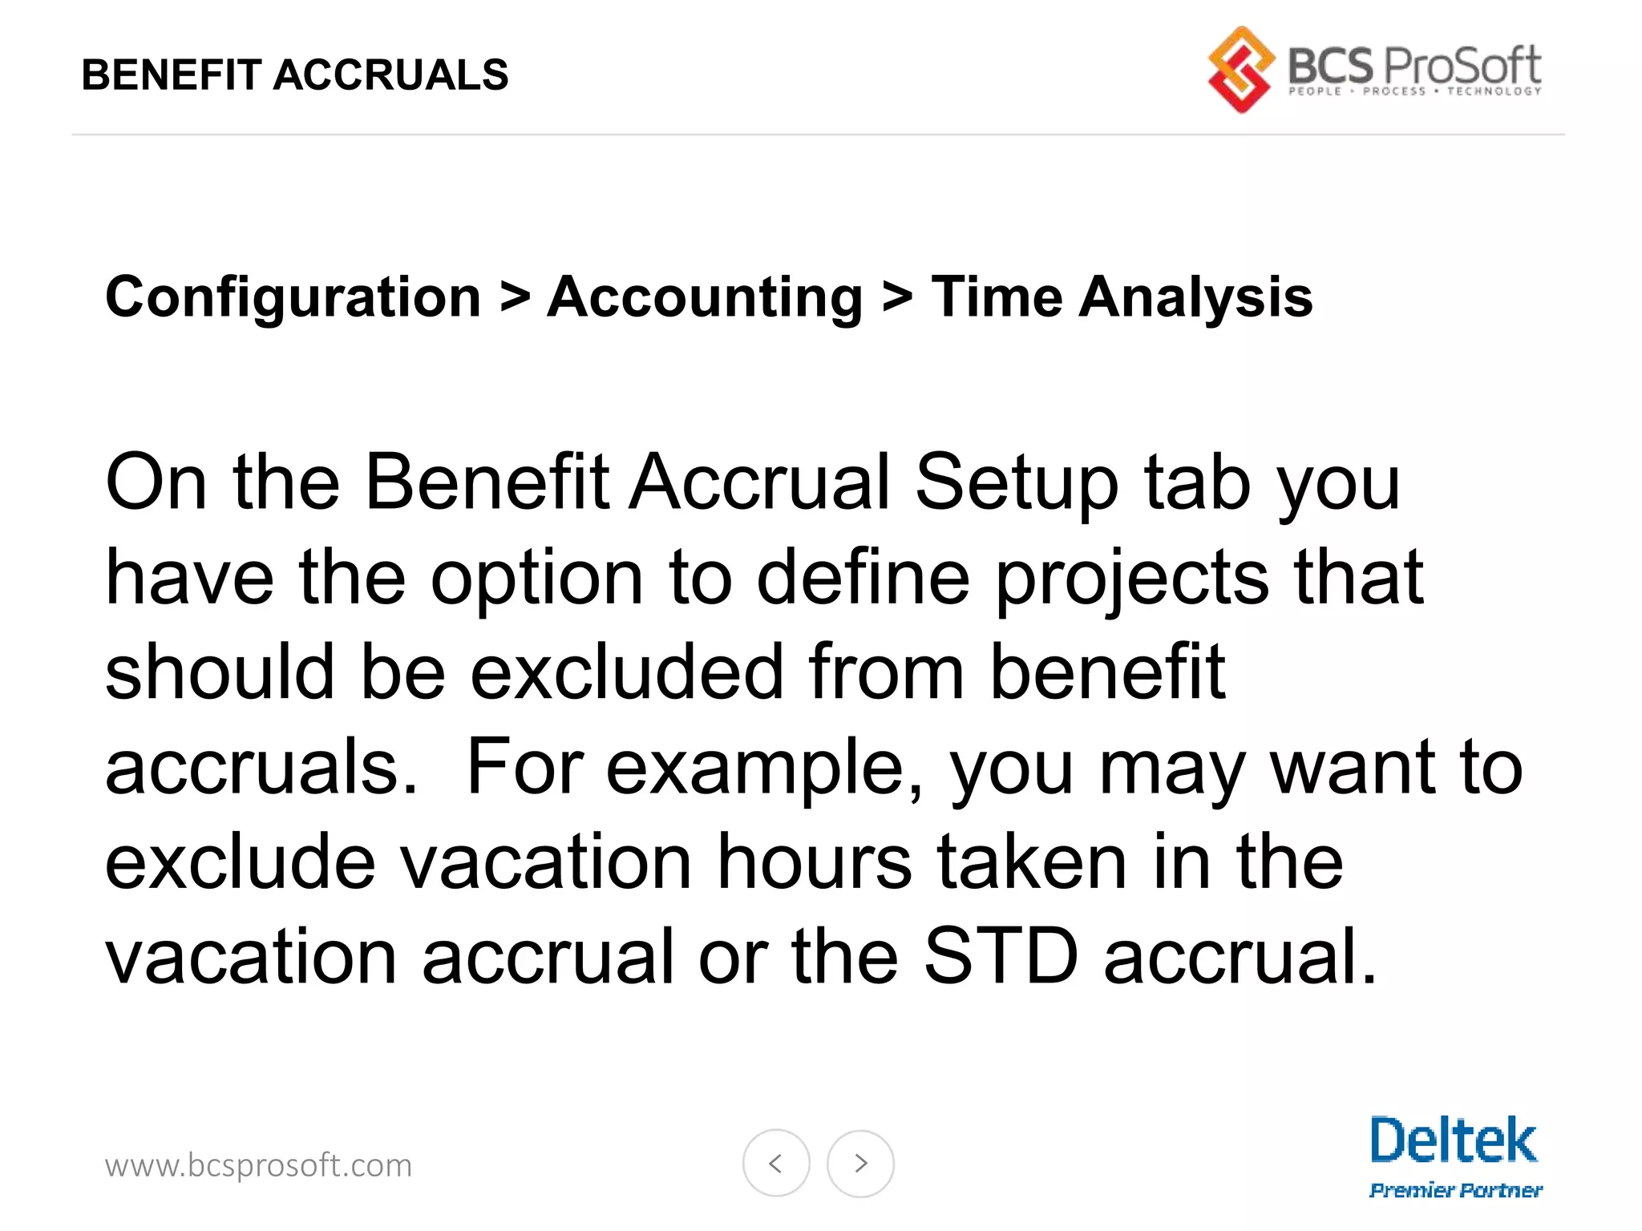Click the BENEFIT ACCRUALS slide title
pos(295,75)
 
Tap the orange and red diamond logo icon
pos(1240,70)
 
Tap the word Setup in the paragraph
pos(1017,482)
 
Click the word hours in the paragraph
pos(814,862)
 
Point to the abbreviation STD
pos(1001,957)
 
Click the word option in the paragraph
pos(537,579)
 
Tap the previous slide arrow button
pos(776,1163)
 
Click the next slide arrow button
pos(860,1163)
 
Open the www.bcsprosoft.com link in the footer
pos(258,1165)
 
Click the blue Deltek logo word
pos(1453,1140)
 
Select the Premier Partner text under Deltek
pos(1455,1190)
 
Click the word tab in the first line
pos(1197,482)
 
